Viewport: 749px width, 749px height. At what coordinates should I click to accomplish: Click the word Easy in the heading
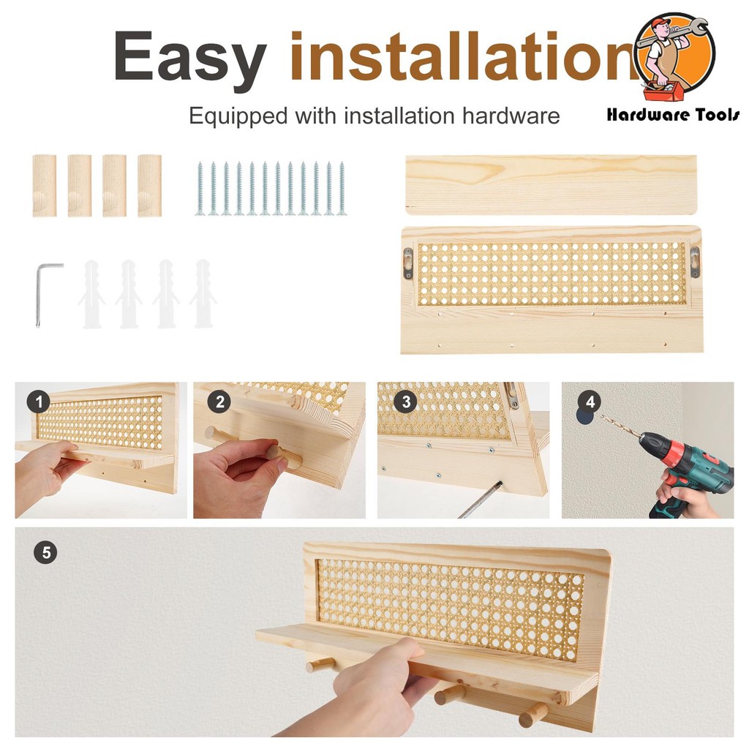tap(189, 56)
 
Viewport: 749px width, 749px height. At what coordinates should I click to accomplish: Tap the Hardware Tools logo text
tap(673, 115)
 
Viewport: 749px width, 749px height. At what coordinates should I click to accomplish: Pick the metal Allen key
tap(47, 293)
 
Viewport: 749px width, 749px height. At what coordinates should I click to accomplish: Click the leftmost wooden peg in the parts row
tap(45, 185)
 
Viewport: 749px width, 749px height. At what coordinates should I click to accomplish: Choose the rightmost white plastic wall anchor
tap(203, 293)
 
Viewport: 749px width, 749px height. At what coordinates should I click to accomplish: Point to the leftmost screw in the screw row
tap(200, 189)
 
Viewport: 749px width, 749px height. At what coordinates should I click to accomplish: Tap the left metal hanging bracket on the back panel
tap(408, 263)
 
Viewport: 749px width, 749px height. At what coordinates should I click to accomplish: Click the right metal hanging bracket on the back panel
tap(695, 261)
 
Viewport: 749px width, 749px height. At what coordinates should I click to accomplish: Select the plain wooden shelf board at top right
tap(552, 185)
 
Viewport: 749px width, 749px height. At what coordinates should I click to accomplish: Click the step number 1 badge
tap(39, 402)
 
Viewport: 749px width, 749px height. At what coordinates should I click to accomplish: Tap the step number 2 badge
tap(219, 402)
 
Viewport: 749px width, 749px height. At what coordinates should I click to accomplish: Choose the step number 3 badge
tap(405, 402)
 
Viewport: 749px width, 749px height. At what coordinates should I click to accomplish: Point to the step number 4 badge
tap(590, 402)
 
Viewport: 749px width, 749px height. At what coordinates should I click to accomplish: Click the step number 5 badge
tap(46, 553)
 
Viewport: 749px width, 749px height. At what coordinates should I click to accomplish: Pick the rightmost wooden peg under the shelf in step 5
tap(532, 714)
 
